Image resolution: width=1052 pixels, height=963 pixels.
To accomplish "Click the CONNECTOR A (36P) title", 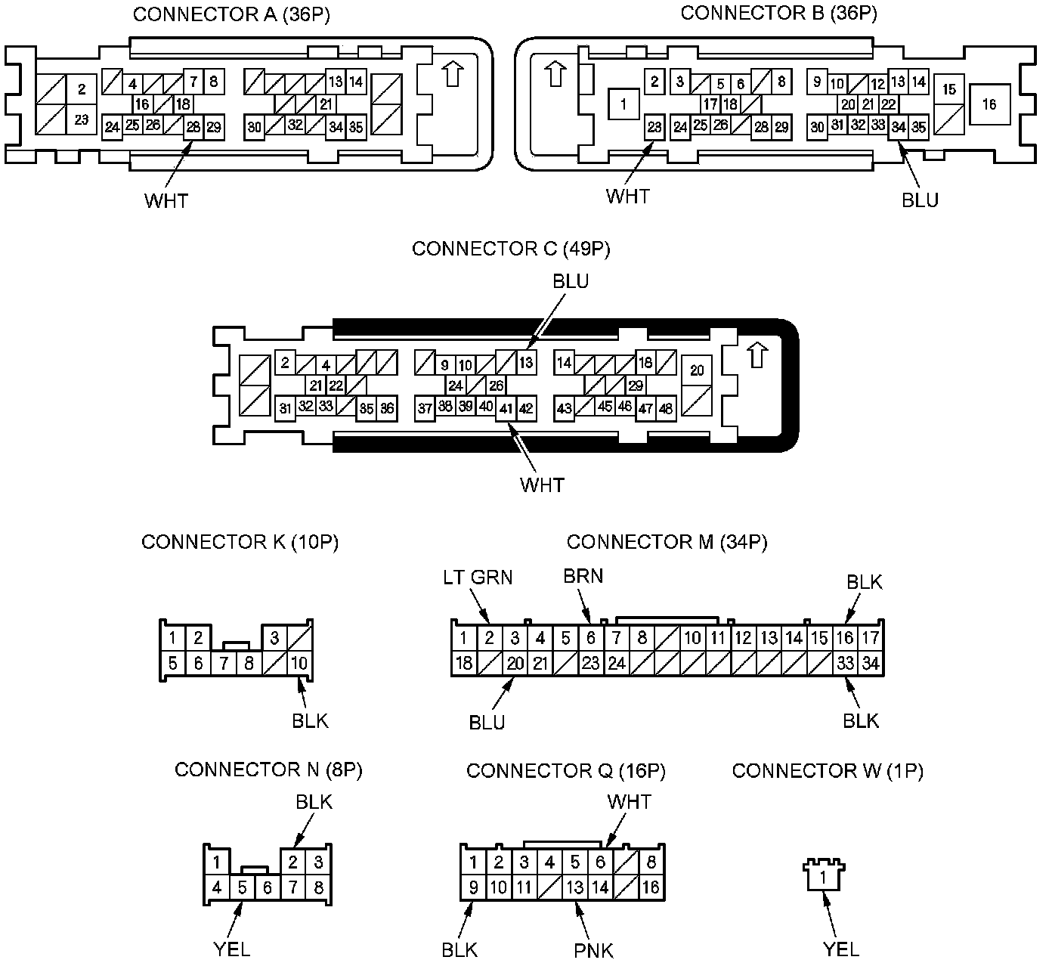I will (x=231, y=14).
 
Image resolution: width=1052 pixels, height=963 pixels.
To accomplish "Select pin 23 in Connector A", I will (x=82, y=120).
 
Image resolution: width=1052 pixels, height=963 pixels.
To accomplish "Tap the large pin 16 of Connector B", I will (x=989, y=105).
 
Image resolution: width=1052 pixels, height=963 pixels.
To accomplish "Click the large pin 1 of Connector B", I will (x=623, y=105).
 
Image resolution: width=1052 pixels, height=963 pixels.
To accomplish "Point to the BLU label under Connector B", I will (x=920, y=200).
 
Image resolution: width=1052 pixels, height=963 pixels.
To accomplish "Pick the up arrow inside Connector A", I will (x=452, y=73).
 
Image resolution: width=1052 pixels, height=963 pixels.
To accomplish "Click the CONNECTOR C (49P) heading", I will (x=511, y=249).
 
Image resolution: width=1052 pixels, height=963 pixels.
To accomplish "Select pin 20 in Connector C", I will (x=697, y=370).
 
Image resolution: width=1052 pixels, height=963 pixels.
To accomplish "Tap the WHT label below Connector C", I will (x=542, y=485).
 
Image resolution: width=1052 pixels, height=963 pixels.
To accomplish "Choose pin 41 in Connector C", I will (x=506, y=409).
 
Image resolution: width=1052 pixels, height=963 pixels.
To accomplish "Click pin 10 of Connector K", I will (x=299, y=664).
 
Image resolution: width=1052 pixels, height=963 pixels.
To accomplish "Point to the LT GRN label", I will (x=477, y=577).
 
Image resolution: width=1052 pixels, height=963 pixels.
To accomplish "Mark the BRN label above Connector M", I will (x=583, y=576).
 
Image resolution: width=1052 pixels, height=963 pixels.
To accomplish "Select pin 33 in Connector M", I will (x=845, y=664).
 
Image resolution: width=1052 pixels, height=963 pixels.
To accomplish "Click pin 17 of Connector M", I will (x=871, y=638).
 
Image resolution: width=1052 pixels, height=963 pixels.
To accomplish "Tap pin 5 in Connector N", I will (x=242, y=888).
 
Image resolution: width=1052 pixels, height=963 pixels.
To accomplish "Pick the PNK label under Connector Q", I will (x=593, y=950).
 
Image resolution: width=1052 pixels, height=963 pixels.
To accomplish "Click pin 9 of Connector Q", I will (x=473, y=887).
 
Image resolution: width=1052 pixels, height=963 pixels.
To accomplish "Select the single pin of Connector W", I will (x=824, y=879).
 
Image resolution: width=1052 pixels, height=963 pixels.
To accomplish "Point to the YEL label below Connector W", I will (x=840, y=949).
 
